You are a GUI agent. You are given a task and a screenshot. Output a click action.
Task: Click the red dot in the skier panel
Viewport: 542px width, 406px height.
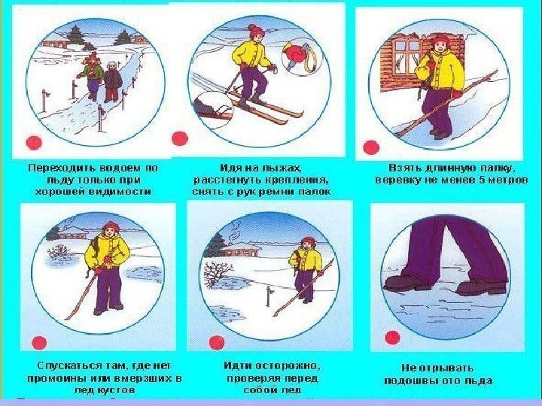tap(180, 138)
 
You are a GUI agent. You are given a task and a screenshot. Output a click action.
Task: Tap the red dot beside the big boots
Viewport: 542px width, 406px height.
tap(392, 338)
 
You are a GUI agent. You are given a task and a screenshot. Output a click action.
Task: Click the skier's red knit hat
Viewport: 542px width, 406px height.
tap(255, 31)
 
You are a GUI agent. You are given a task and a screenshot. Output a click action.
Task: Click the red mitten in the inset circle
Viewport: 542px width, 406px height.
tap(295, 54)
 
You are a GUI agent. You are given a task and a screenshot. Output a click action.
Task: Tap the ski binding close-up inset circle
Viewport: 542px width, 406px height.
tap(213, 110)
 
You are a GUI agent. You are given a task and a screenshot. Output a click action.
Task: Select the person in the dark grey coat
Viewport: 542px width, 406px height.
tap(112, 82)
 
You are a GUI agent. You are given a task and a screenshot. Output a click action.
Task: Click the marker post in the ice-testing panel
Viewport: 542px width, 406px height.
tap(269, 296)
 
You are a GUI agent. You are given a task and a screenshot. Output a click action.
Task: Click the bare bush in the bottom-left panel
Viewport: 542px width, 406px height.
tap(58, 252)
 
